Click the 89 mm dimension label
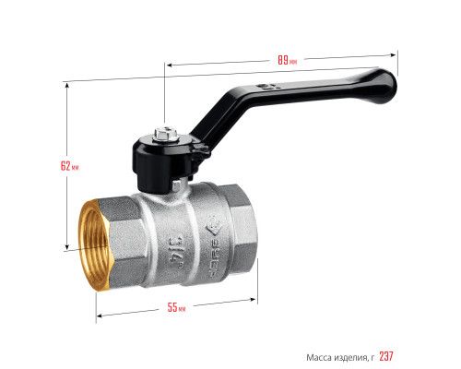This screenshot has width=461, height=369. pyautogui.click(x=288, y=60)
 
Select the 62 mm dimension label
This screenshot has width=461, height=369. pyautogui.click(x=70, y=166)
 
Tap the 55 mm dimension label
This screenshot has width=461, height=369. pyautogui.click(x=176, y=307)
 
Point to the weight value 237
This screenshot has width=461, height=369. pyautogui.click(x=386, y=356)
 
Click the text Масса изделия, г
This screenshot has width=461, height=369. pyautogui.click(x=340, y=358)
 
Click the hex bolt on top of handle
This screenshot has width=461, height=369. pyautogui.click(x=166, y=135)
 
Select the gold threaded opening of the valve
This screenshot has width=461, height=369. pyautogui.click(x=94, y=245)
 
